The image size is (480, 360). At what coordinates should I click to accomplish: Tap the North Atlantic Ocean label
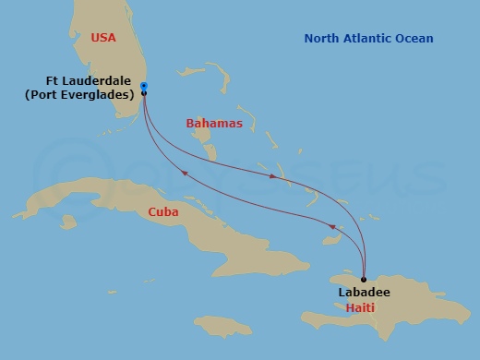tap(368, 38)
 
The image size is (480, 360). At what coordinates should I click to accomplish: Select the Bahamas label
tap(214, 123)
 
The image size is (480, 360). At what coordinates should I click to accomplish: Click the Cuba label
tap(163, 211)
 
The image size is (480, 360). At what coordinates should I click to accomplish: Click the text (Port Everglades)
tap(80, 94)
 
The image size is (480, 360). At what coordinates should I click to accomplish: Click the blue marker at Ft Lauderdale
tap(144, 87)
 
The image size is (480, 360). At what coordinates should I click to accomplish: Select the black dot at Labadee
tap(364, 279)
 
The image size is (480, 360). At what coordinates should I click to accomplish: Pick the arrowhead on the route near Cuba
tap(184, 172)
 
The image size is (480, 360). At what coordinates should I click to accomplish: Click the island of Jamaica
tap(216, 326)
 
